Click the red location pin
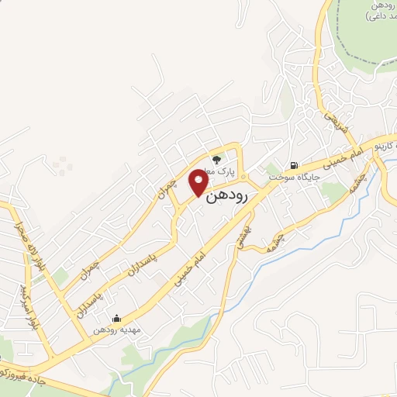pos(200,183)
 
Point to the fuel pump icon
pos(294,165)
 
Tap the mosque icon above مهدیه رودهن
pos(116,318)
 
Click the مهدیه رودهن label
pos(116,330)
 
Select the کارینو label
pos(385,147)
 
